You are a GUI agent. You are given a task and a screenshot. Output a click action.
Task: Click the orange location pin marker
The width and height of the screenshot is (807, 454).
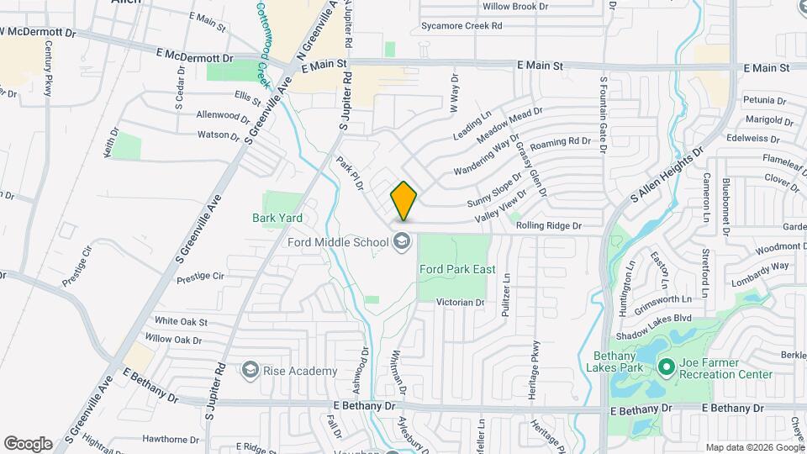pos(403,200)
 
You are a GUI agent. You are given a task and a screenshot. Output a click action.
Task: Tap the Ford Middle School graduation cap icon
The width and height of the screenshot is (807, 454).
pos(403,242)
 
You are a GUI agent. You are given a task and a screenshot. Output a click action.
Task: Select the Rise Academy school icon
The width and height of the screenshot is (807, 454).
pos(250,370)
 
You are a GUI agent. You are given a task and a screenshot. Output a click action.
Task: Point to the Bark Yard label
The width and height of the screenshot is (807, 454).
pos(277,218)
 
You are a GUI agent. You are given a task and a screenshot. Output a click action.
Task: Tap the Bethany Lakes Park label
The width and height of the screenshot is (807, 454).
pos(641,362)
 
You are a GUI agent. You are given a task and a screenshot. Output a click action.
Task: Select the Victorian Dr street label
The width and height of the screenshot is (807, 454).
pos(461,302)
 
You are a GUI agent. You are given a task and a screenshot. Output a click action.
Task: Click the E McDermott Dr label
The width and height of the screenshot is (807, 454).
pos(194,57)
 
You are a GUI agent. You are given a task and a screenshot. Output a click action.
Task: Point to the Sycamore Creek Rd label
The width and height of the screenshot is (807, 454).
pos(462,26)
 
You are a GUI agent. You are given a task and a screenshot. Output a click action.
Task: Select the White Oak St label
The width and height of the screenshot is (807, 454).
pos(181,321)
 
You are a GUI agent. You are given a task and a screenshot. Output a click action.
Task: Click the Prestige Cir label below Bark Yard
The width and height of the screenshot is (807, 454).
pos(200,275)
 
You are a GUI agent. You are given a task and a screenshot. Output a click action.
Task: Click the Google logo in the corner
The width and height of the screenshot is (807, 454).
pos(28,443)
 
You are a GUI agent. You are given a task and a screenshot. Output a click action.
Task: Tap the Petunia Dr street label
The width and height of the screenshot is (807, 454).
pos(763,99)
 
